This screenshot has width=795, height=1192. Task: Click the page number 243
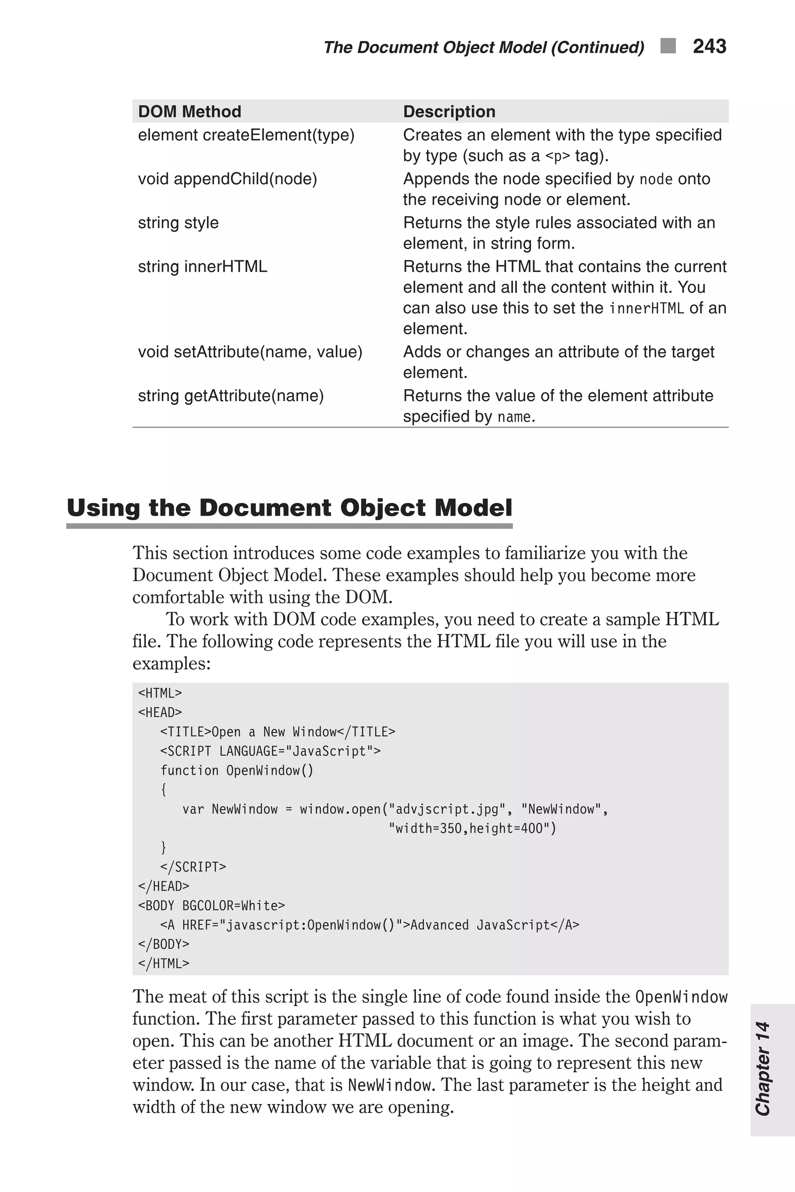pos(709,47)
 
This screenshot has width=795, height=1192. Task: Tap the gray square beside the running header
pos(668,46)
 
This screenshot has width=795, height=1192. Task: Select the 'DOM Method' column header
pos(189,111)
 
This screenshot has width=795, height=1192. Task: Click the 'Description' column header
pos(449,111)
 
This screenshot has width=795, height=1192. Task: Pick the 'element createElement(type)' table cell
pos(246,135)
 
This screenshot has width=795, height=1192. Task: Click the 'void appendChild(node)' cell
pos(227,179)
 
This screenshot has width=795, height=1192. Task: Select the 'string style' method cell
pos(178,223)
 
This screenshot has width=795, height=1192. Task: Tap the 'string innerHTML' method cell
pos(202,267)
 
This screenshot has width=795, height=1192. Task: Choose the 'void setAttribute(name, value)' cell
pos(250,352)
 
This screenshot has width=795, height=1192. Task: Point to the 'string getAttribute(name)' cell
pos(231,396)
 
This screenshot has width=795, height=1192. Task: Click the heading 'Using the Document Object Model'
pos(290,508)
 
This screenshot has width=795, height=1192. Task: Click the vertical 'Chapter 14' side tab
pos(763,1069)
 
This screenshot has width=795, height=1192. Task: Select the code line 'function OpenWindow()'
pos(237,771)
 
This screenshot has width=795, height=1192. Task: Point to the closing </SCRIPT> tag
pos(193,867)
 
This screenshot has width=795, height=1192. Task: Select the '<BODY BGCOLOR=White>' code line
pos(212,906)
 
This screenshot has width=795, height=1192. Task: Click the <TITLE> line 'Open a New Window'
pos(277,732)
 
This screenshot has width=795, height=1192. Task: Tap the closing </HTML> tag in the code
pos(164,963)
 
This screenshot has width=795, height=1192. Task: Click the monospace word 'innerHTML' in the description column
pos(646,308)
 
